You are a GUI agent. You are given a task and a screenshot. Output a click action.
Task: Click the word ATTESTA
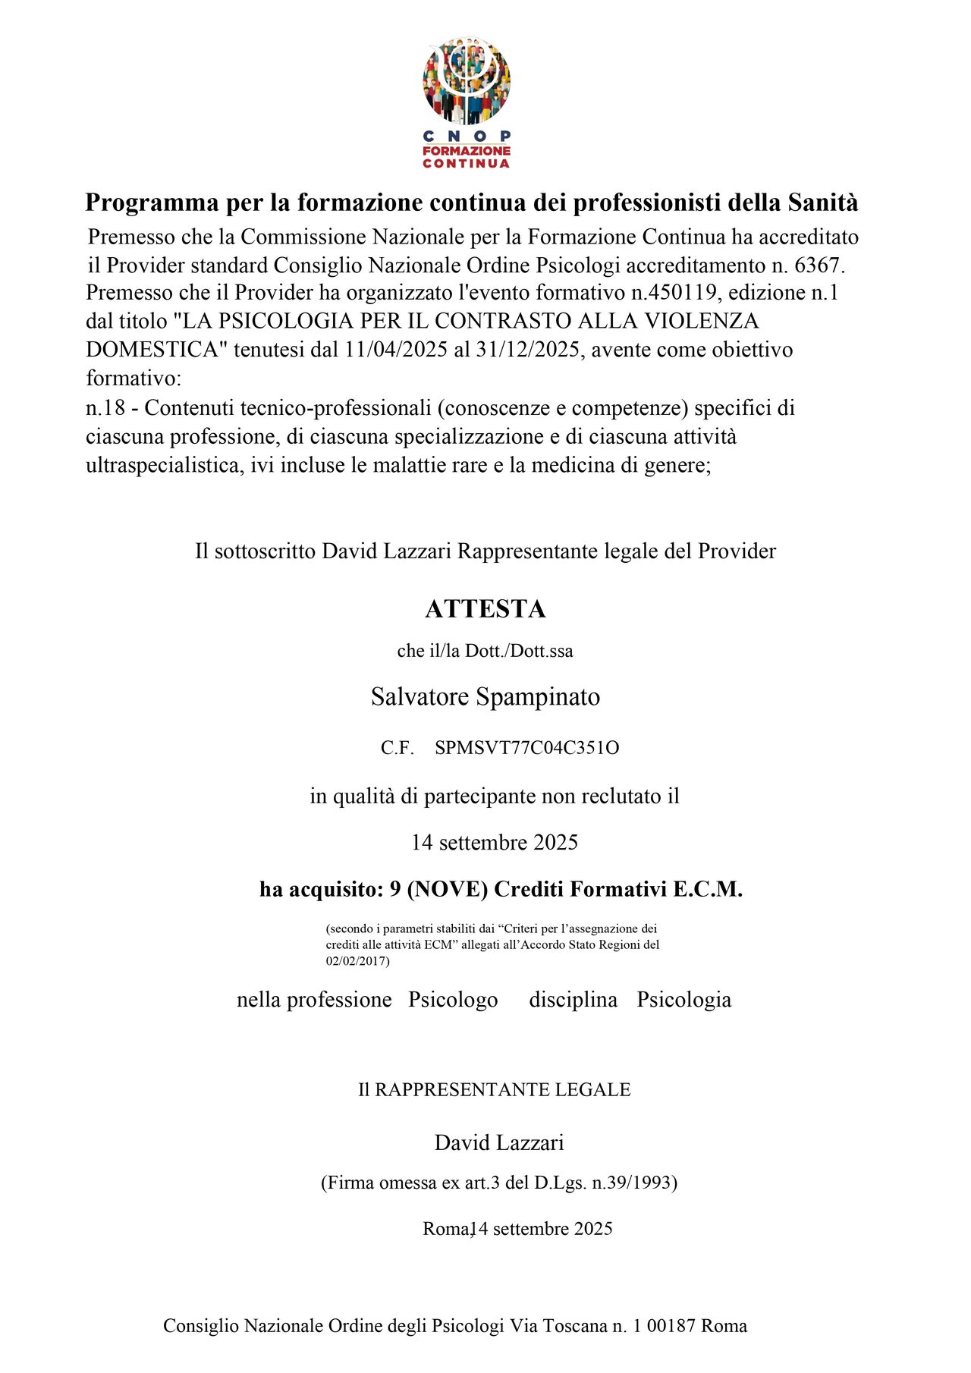485,609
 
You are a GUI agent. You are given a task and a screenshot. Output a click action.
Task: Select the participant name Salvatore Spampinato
485,697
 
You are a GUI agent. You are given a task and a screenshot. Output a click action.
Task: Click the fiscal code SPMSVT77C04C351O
526,748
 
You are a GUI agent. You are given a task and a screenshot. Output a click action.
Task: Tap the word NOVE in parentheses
448,889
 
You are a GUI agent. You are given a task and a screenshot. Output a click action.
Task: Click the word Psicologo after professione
453,1000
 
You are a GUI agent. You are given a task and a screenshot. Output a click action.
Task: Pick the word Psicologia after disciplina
683,1000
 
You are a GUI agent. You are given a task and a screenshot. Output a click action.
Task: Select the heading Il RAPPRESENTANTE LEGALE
495,1090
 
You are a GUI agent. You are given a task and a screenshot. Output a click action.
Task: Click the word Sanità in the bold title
823,203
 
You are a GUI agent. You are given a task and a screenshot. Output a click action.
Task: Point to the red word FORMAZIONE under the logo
466,151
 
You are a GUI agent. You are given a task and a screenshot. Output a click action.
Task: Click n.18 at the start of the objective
105,408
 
